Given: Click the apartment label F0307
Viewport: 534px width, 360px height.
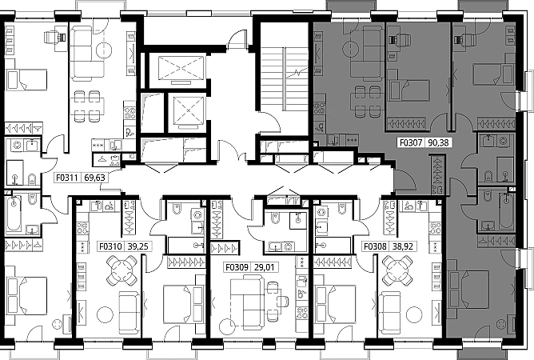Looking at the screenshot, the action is point(411,142).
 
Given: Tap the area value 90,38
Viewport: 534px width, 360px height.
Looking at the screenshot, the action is point(438,142).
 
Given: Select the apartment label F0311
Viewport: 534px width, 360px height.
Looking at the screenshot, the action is point(67,178).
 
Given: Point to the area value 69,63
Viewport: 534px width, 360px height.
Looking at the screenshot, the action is point(94,178).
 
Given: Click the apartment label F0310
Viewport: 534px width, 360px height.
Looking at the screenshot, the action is point(110,246).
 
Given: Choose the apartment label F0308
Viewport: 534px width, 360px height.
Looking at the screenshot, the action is point(375,246).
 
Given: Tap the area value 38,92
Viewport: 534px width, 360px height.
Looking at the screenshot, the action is point(403,246).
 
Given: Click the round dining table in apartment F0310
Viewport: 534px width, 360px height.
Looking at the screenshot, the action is point(122,270).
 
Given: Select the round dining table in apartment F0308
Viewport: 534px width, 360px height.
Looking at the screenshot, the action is point(397,270).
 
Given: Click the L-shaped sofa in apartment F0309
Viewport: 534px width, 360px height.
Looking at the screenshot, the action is point(247,303).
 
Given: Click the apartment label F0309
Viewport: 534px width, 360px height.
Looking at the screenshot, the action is point(237,267).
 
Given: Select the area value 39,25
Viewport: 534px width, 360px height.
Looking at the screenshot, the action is point(138,246).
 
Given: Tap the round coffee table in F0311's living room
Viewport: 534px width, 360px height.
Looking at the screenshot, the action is point(104,50).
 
